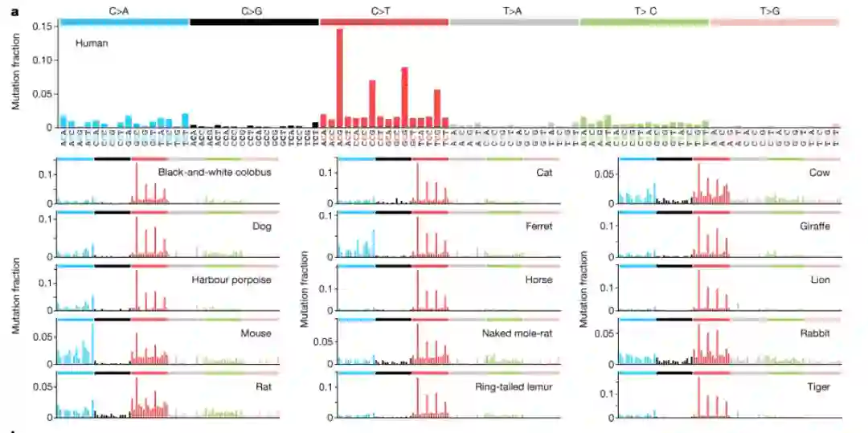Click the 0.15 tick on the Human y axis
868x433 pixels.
click(x=43, y=27)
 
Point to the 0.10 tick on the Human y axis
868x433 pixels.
click(x=43, y=60)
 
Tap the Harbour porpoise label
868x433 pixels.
click(x=231, y=280)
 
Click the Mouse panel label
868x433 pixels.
click(x=256, y=333)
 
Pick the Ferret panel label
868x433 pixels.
click(x=539, y=227)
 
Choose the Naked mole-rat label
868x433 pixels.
click(x=518, y=333)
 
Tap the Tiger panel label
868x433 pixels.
click(x=819, y=386)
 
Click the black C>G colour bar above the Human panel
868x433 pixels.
click(x=254, y=22)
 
